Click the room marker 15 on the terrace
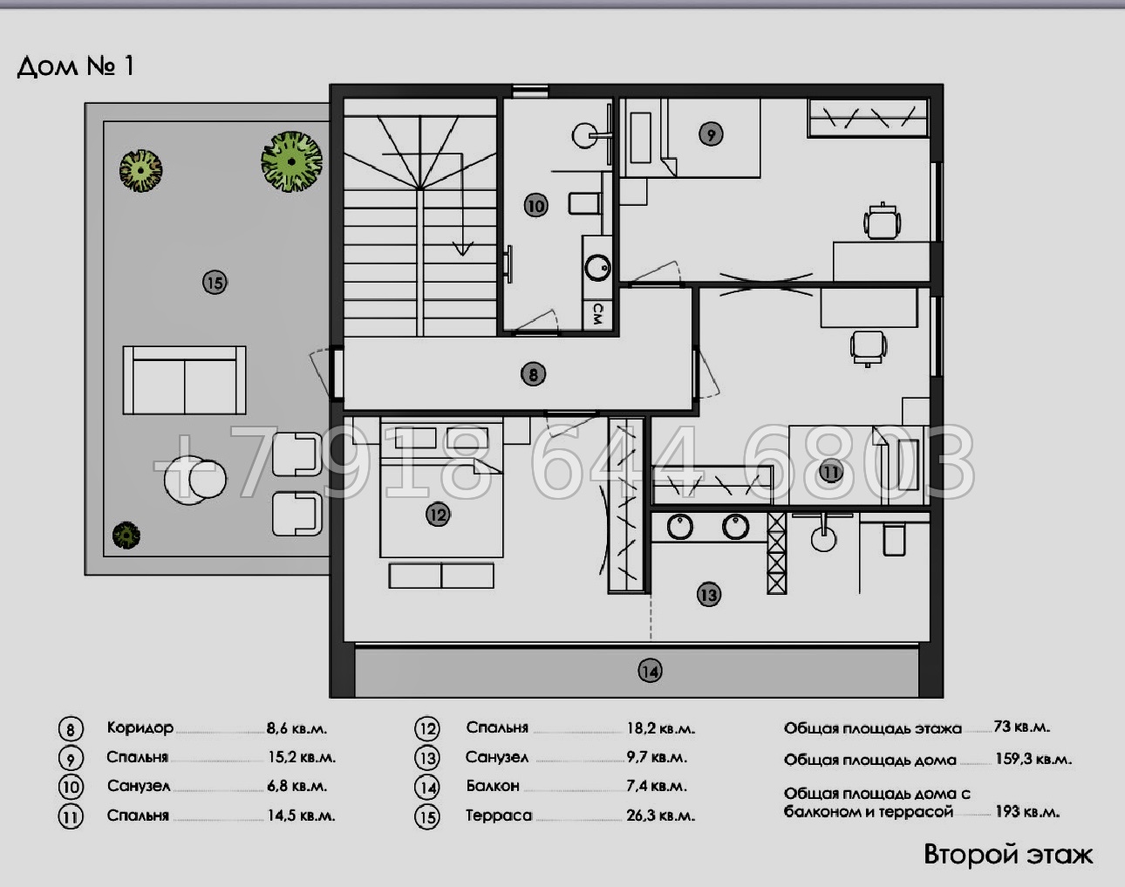click(215, 283)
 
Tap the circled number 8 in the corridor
click(533, 374)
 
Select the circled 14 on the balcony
click(650, 671)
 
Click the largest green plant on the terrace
click(291, 161)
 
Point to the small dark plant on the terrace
click(126, 535)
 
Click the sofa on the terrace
click(185, 380)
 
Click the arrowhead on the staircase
click(462, 248)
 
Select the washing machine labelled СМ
click(597, 314)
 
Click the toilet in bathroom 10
click(584, 203)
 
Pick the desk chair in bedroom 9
click(882, 222)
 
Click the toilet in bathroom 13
click(894, 540)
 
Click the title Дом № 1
click(76, 66)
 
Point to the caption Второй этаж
click(1008, 855)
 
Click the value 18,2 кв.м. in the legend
click(661, 728)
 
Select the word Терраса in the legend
click(499, 815)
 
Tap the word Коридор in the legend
click(140, 727)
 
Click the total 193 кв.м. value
click(1027, 812)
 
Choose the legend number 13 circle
click(427, 758)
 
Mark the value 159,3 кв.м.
click(1033, 759)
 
